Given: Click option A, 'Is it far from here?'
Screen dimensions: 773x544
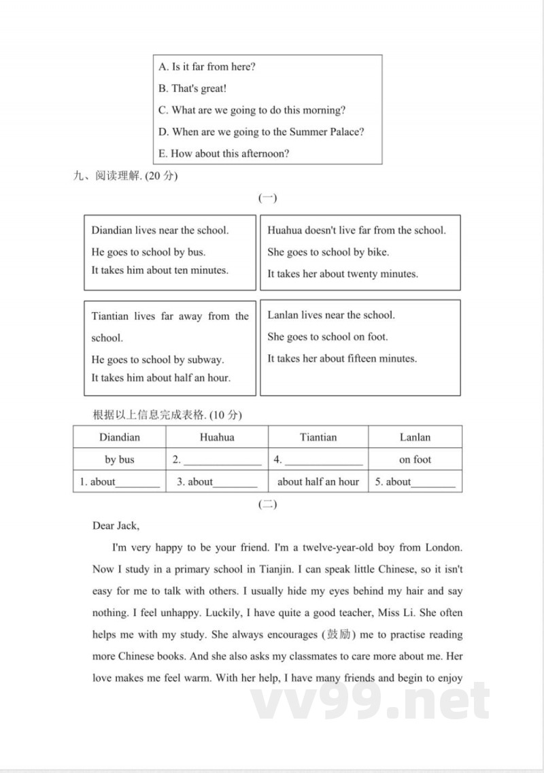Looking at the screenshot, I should [x=207, y=67].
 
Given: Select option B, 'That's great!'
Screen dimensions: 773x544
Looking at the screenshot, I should [x=192, y=88].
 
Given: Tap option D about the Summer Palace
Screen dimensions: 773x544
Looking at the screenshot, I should [x=261, y=132].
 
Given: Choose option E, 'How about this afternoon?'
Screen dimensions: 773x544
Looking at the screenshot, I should [x=224, y=154].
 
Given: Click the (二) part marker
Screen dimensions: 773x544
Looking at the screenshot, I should [x=267, y=504].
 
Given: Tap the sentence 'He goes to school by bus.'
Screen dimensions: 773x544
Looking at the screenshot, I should [x=148, y=252].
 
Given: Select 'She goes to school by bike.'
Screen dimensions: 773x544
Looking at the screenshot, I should [x=328, y=252].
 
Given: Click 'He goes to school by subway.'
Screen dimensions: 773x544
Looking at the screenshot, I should [x=158, y=360].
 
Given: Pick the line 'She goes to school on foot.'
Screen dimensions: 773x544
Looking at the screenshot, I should [x=328, y=337].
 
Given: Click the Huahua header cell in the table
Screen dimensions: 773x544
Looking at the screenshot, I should [x=217, y=437].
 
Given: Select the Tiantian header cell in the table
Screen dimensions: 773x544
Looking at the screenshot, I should [x=318, y=437].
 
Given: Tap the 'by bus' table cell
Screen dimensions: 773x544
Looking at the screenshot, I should [x=120, y=460].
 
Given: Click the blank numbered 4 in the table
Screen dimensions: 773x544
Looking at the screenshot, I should [x=324, y=461].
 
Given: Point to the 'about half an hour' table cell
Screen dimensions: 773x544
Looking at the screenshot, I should [x=318, y=481].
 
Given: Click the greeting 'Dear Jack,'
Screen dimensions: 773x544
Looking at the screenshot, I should [x=116, y=526].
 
